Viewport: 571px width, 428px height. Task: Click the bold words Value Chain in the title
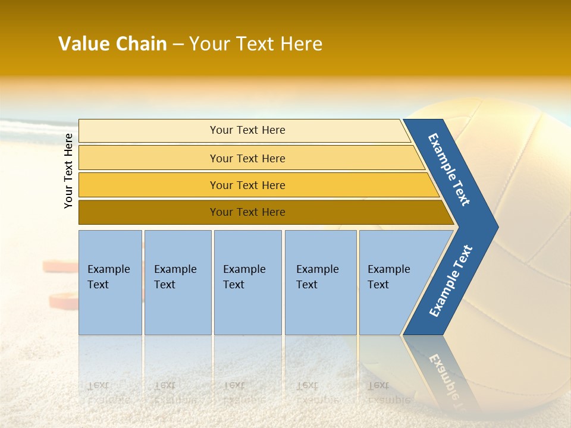(112, 43)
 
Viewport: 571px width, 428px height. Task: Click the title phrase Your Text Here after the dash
(256, 43)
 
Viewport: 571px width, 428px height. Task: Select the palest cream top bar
(244, 131)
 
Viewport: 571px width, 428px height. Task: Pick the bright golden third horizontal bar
(259, 185)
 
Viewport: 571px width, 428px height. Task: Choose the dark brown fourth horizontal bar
(266, 212)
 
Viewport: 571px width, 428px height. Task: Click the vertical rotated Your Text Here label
(68, 171)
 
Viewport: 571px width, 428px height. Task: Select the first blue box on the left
(111, 282)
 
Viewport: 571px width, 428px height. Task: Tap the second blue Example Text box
(178, 282)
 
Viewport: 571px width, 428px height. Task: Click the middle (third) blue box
(248, 282)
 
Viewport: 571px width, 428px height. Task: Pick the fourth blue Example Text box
(321, 282)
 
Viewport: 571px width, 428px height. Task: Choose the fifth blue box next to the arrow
(397, 282)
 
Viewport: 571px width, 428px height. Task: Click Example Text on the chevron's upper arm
(448, 169)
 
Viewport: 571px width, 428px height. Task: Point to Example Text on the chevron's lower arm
(451, 281)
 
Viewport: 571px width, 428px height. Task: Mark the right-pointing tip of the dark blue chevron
(498, 227)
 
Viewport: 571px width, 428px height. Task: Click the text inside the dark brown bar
(247, 212)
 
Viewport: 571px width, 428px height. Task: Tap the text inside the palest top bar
(247, 130)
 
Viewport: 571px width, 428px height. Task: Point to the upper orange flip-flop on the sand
(61, 266)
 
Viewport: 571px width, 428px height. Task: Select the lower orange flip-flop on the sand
(64, 301)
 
